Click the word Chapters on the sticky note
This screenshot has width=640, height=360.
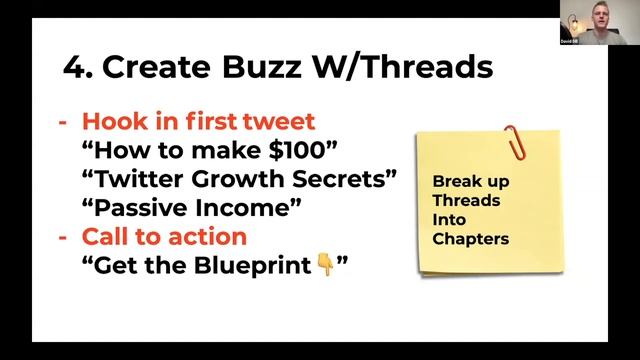(x=471, y=240)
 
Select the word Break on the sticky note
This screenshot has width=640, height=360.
(x=455, y=182)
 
